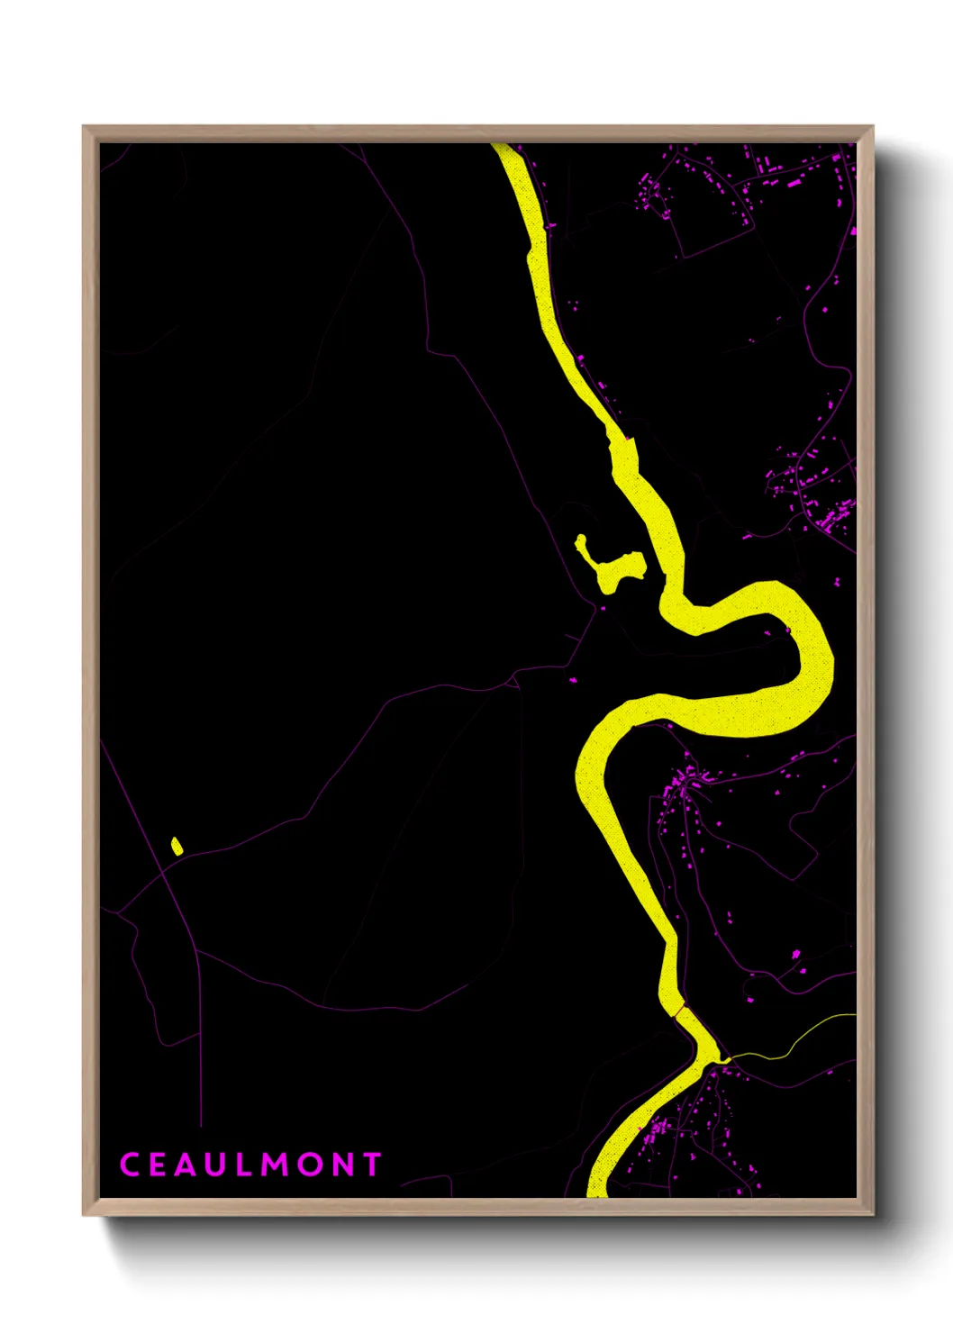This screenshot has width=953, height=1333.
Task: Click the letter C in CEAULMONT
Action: tap(130, 1165)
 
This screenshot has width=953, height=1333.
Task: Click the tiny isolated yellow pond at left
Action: tap(177, 846)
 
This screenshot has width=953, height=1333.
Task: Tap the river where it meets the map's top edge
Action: tap(504, 149)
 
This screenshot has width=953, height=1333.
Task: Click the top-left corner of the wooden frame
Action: tap(86, 130)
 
